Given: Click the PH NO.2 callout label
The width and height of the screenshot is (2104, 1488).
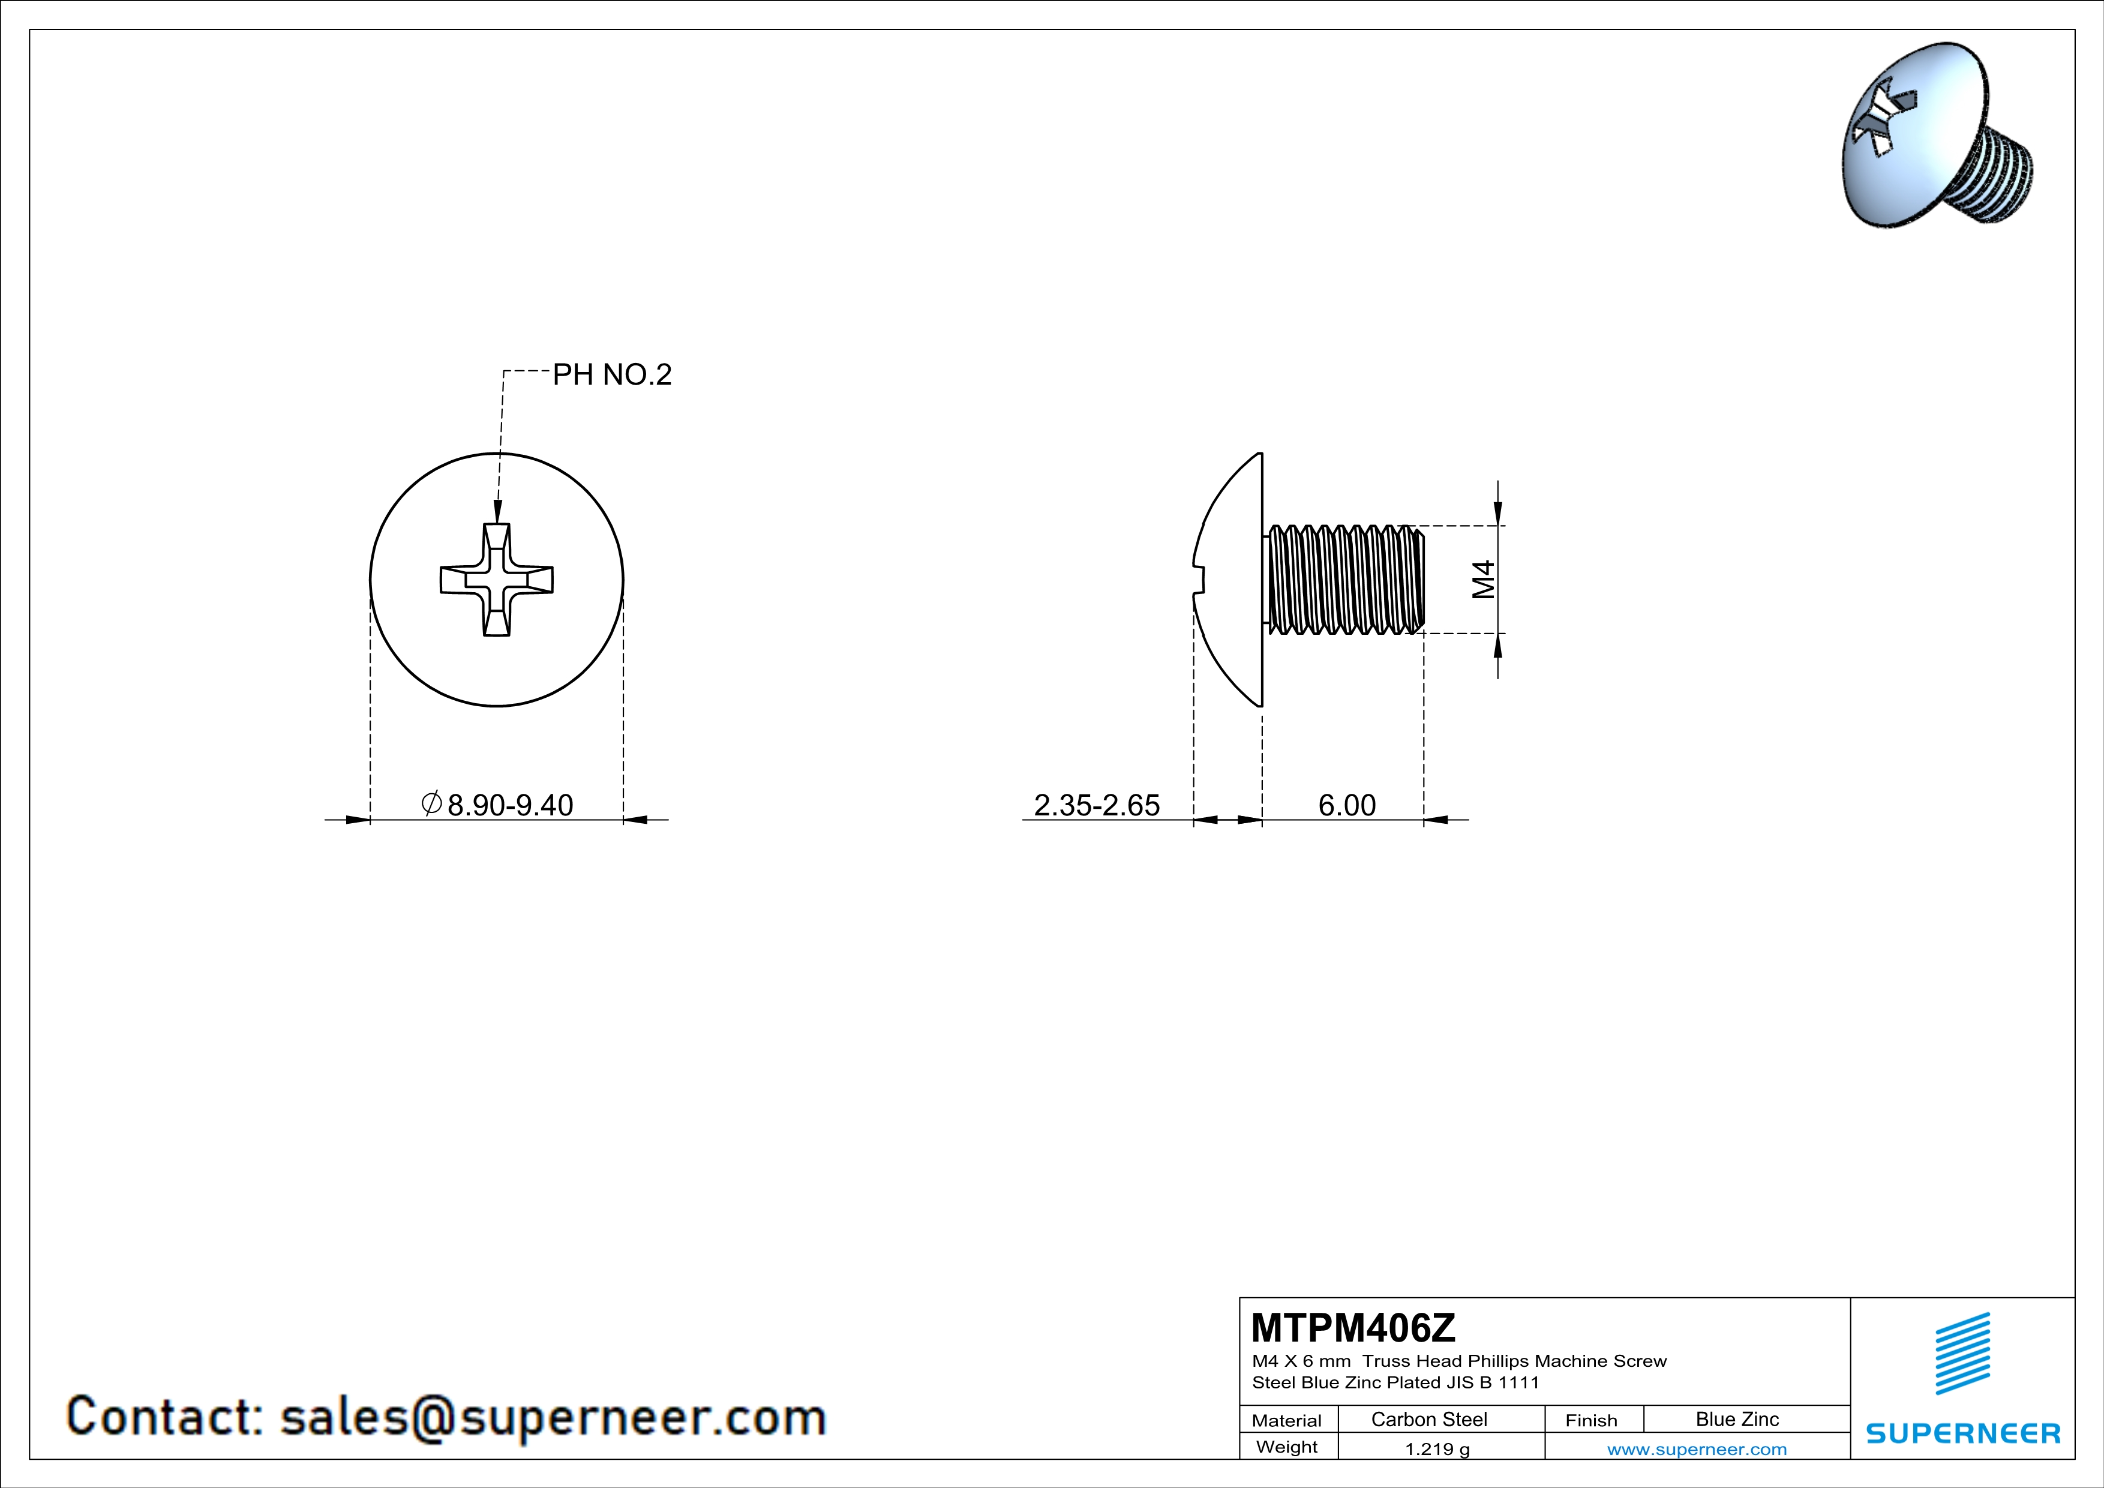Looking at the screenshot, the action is click(x=612, y=375).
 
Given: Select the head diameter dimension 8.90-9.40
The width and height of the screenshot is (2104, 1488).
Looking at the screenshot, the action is click(x=509, y=805).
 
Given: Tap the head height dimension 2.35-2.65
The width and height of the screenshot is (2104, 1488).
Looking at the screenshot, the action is click(x=1097, y=805).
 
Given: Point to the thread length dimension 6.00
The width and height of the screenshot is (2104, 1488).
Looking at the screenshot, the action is click(x=1347, y=805).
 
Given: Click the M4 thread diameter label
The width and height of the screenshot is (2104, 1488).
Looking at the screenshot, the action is click(x=1484, y=579).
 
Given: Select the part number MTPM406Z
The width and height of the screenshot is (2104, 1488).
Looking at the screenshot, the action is click(x=1352, y=1328).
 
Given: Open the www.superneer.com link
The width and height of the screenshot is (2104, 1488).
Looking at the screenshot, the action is click(x=1697, y=1448).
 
